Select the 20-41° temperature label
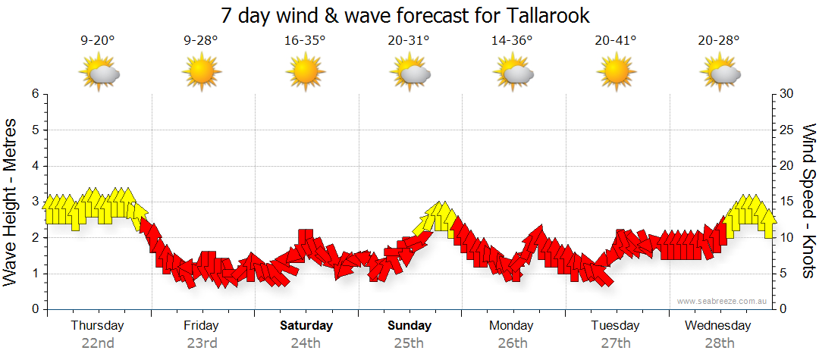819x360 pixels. [x=615, y=42]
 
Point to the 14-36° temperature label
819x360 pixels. [x=512, y=42]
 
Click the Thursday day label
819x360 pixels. [x=97, y=326]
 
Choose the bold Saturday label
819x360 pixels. [x=306, y=326]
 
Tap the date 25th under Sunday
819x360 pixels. [x=409, y=343]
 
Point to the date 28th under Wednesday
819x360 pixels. [x=718, y=343]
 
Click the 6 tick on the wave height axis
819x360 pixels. [x=34, y=94]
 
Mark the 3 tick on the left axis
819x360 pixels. [x=34, y=202]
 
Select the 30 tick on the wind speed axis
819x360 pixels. [x=787, y=94]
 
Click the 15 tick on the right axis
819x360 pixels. [x=787, y=202]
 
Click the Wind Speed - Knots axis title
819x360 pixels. [x=808, y=201]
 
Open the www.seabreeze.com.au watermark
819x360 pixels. [x=723, y=302]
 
